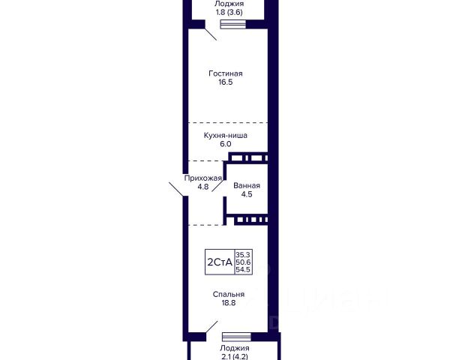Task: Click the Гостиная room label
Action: pyautogui.click(x=226, y=73)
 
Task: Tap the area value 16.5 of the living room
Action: pyautogui.click(x=226, y=84)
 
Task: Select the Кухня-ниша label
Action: pyautogui.click(x=226, y=136)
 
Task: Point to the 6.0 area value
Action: pyautogui.click(x=226, y=145)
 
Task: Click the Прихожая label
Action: pyautogui.click(x=203, y=178)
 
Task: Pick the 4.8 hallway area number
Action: pyautogui.click(x=203, y=187)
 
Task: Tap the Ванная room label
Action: pyautogui.click(x=247, y=184)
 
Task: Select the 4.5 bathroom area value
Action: pyautogui.click(x=247, y=194)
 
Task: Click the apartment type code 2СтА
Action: pyautogui.click(x=218, y=262)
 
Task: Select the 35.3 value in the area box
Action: pyautogui.click(x=244, y=255)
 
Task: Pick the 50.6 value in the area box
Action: pyautogui.click(x=244, y=262)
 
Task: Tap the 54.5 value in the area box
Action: pyautogui.click(x=244, y=269)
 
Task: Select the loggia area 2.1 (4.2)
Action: pyautogui.click(x=235, y=356)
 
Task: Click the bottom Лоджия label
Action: pyautogui.click(x=235, y=348)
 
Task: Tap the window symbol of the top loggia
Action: pyautogui.click(x=230, y=24)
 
